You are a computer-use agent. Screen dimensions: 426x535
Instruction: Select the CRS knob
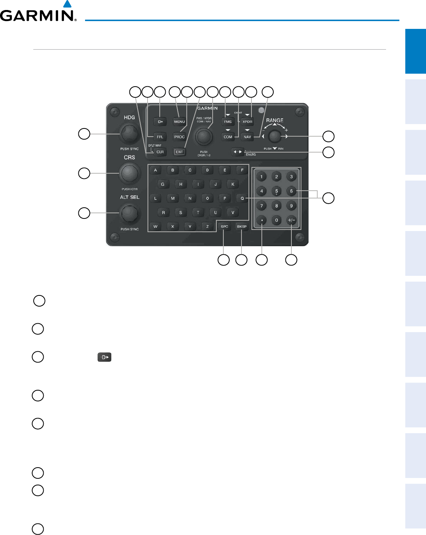pos(129,173)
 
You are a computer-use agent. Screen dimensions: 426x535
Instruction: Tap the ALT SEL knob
pos(129,213)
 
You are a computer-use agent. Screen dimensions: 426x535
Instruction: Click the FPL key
pos(160,137)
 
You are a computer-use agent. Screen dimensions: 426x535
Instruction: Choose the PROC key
pos(179,137)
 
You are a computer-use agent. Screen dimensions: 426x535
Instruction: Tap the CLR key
pos(160,152)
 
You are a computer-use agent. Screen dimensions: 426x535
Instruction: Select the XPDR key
pos(247,121)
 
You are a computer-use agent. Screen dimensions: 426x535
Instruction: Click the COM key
pos(228,137)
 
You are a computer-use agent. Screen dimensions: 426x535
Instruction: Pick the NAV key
pos(247,137)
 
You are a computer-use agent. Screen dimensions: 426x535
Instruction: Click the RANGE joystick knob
pos(274,137)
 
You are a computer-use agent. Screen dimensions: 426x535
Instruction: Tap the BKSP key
pos(241,227)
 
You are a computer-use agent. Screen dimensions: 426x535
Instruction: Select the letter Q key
pos(242,198)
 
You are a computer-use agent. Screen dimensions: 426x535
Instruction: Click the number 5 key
pos(276,191)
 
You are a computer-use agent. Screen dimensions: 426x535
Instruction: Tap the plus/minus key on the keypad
pos(291,220)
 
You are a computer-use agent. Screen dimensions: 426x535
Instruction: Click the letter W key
pos(155,227)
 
